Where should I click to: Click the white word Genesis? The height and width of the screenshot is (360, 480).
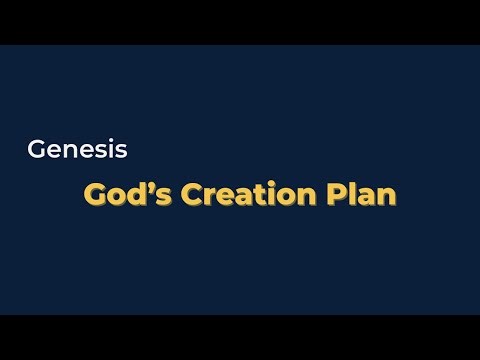point(77,151)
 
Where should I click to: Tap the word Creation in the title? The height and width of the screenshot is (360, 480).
point(243,194)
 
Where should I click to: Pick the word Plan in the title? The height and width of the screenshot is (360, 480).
point(362,194)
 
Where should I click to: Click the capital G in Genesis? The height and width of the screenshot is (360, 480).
point(38,151)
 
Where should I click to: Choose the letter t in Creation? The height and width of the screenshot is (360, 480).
point(259,194)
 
